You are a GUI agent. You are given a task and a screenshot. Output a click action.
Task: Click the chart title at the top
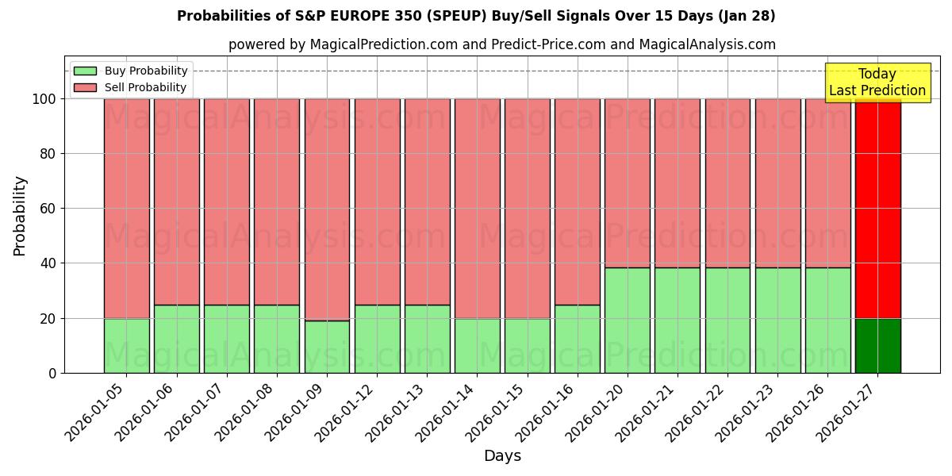click(x=476, y=16)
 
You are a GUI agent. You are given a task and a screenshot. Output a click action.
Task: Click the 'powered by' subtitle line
click(x=501, y=44)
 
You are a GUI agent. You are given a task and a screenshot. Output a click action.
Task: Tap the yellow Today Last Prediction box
click(x=877, y=83)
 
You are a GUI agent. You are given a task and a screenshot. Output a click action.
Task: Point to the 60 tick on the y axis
click(x=48, y=209)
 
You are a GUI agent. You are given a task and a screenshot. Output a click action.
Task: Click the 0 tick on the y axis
click(x=52, y=373)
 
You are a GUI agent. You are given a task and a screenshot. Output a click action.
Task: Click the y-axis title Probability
click(x=20, y=216)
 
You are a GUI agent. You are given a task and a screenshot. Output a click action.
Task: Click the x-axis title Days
click(x=502, y=456)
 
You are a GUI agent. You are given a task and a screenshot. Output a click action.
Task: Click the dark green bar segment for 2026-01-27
click(x=877, y=346)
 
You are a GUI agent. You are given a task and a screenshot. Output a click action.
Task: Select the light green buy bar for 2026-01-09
click(x=327, y=347)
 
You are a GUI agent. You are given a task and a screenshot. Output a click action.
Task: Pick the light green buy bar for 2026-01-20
click(x=628, y=321)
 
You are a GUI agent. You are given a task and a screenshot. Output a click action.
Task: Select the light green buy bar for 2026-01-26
click(x=827, y=321)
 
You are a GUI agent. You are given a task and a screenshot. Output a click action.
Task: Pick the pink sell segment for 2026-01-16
click(x=577, y=202)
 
